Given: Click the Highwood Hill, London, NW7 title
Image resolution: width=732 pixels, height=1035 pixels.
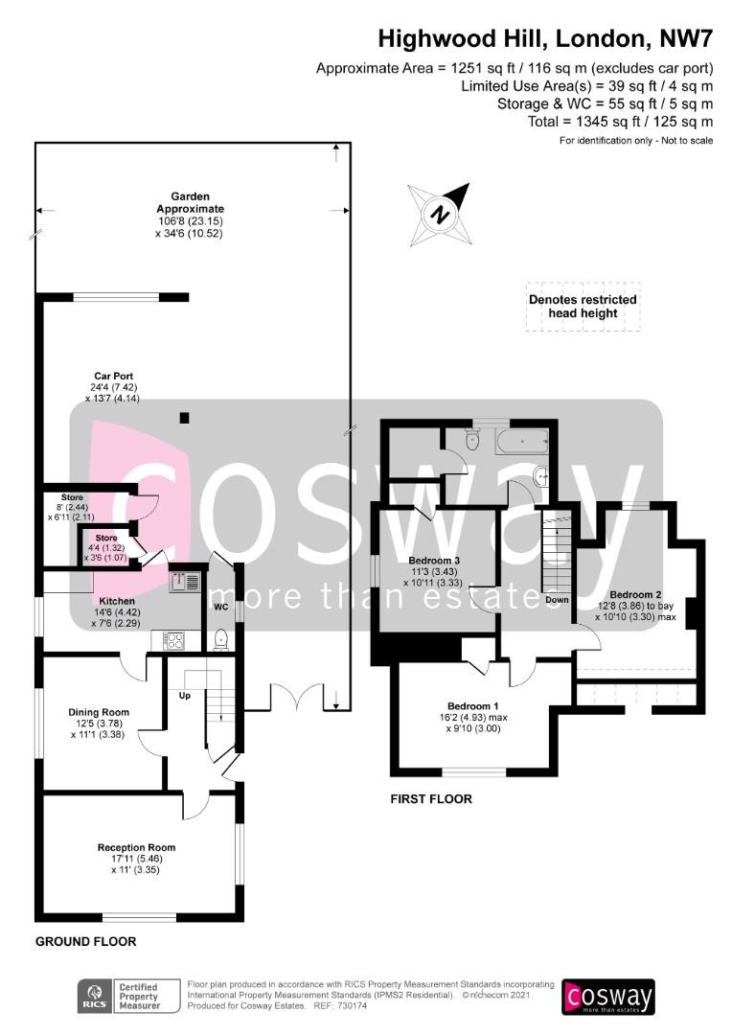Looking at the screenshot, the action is [x=545, y=39].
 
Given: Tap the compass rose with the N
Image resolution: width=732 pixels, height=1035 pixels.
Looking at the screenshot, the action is [x=440, y=214].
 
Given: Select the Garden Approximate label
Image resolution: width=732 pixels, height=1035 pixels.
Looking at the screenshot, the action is [x=190, y=202].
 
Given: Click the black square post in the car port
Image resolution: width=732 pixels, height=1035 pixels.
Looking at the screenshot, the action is [x=185, y=417].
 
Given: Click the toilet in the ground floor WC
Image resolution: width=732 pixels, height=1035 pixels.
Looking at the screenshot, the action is [x=221, y=639].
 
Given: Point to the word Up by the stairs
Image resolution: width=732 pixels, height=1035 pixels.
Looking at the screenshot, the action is [x=185, y=696].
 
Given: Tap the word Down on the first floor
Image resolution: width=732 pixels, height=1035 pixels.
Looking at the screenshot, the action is [x=557, y=600].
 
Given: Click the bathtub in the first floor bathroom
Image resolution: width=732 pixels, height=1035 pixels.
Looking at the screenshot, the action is [x=522, y=441].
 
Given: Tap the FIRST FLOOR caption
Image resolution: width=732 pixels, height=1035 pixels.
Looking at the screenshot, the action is [x=431, y=798].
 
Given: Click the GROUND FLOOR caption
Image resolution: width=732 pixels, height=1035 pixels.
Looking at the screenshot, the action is [x=86, y=942].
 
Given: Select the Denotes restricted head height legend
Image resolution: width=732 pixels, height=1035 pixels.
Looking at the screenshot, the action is [x=583, y=307].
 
